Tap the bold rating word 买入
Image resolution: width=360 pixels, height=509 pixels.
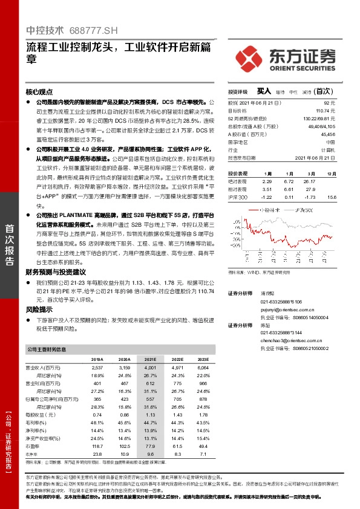tap(264, 91)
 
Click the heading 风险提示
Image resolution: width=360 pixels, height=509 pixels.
tap(39, 308)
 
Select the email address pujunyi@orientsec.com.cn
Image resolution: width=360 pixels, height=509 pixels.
tap(286, 308)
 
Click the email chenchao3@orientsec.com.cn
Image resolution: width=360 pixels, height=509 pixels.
tap(287, 341)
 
